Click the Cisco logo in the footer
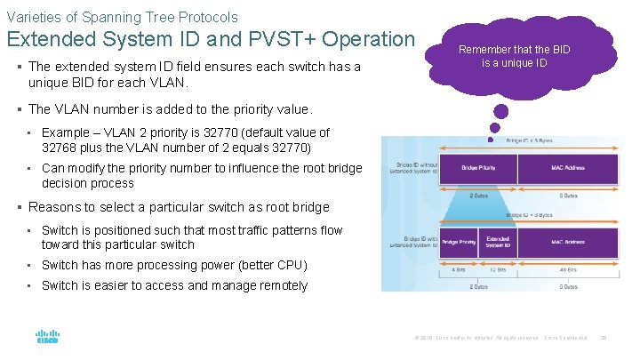(47, 338)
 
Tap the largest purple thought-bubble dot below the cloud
(501, 113)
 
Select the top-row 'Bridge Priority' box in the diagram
(478, 168)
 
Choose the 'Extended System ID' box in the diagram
(497, 243)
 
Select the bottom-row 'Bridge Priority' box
(458, 243)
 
